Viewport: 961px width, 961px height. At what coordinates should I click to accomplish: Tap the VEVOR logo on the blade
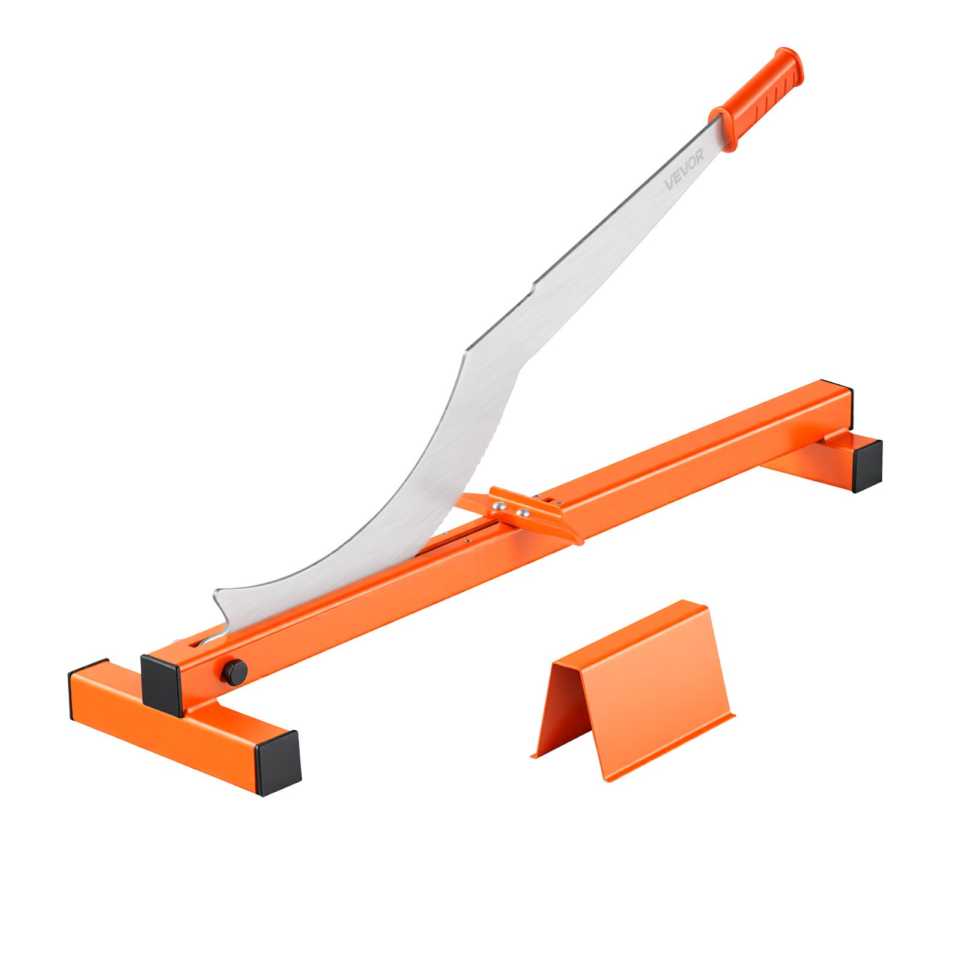[685, 170]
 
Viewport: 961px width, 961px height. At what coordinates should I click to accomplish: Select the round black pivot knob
[235, 671]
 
